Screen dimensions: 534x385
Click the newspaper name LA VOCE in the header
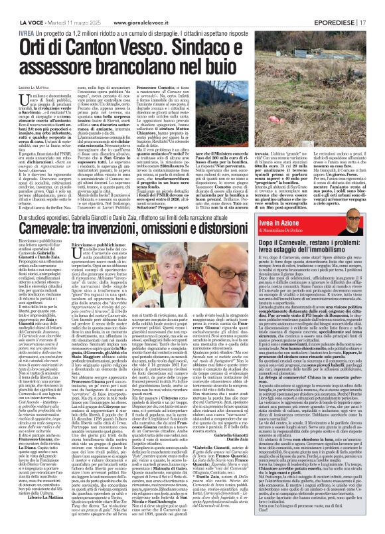click(x=18, y=7)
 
